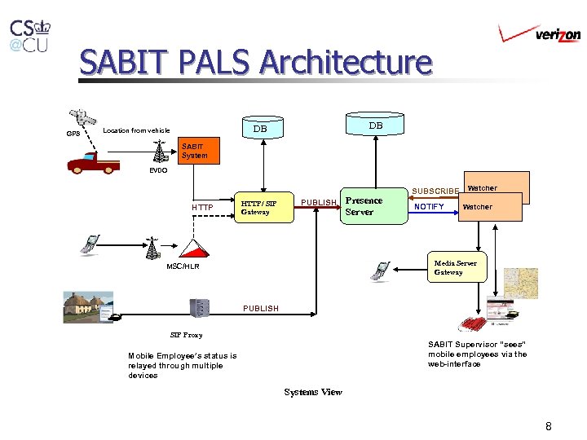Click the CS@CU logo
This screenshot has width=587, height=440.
point(29,36)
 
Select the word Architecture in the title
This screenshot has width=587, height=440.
point(346,62)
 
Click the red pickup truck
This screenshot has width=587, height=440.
point(93,165)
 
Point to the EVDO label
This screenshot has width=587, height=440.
point(158,171)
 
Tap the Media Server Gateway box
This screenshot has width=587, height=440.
point(456,267)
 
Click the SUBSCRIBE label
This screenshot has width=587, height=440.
point(435,191)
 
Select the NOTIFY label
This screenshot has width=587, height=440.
point(429,207)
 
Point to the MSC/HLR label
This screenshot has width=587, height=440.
point(183,266)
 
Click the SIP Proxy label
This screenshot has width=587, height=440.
point(186,335)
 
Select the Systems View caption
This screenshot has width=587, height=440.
point(313,392)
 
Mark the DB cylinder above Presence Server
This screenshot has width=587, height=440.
point(375,125)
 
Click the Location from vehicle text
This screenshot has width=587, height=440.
point(136,130)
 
